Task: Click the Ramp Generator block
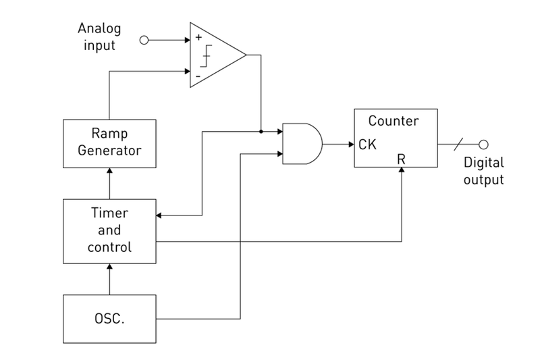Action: [x=109, y=144]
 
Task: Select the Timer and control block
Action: [x=109, y=230]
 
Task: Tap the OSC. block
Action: [x=109, y=318]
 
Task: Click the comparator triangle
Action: [x=216, y=53]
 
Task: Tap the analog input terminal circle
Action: [x=143, y=41]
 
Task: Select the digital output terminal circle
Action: [x=483, y=144]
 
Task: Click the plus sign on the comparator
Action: [x=198, y=38]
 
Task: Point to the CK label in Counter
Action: [x=368, y=144]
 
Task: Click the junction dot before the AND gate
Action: [x=261, y=131]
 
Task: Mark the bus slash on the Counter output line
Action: [x=460, y=144]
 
